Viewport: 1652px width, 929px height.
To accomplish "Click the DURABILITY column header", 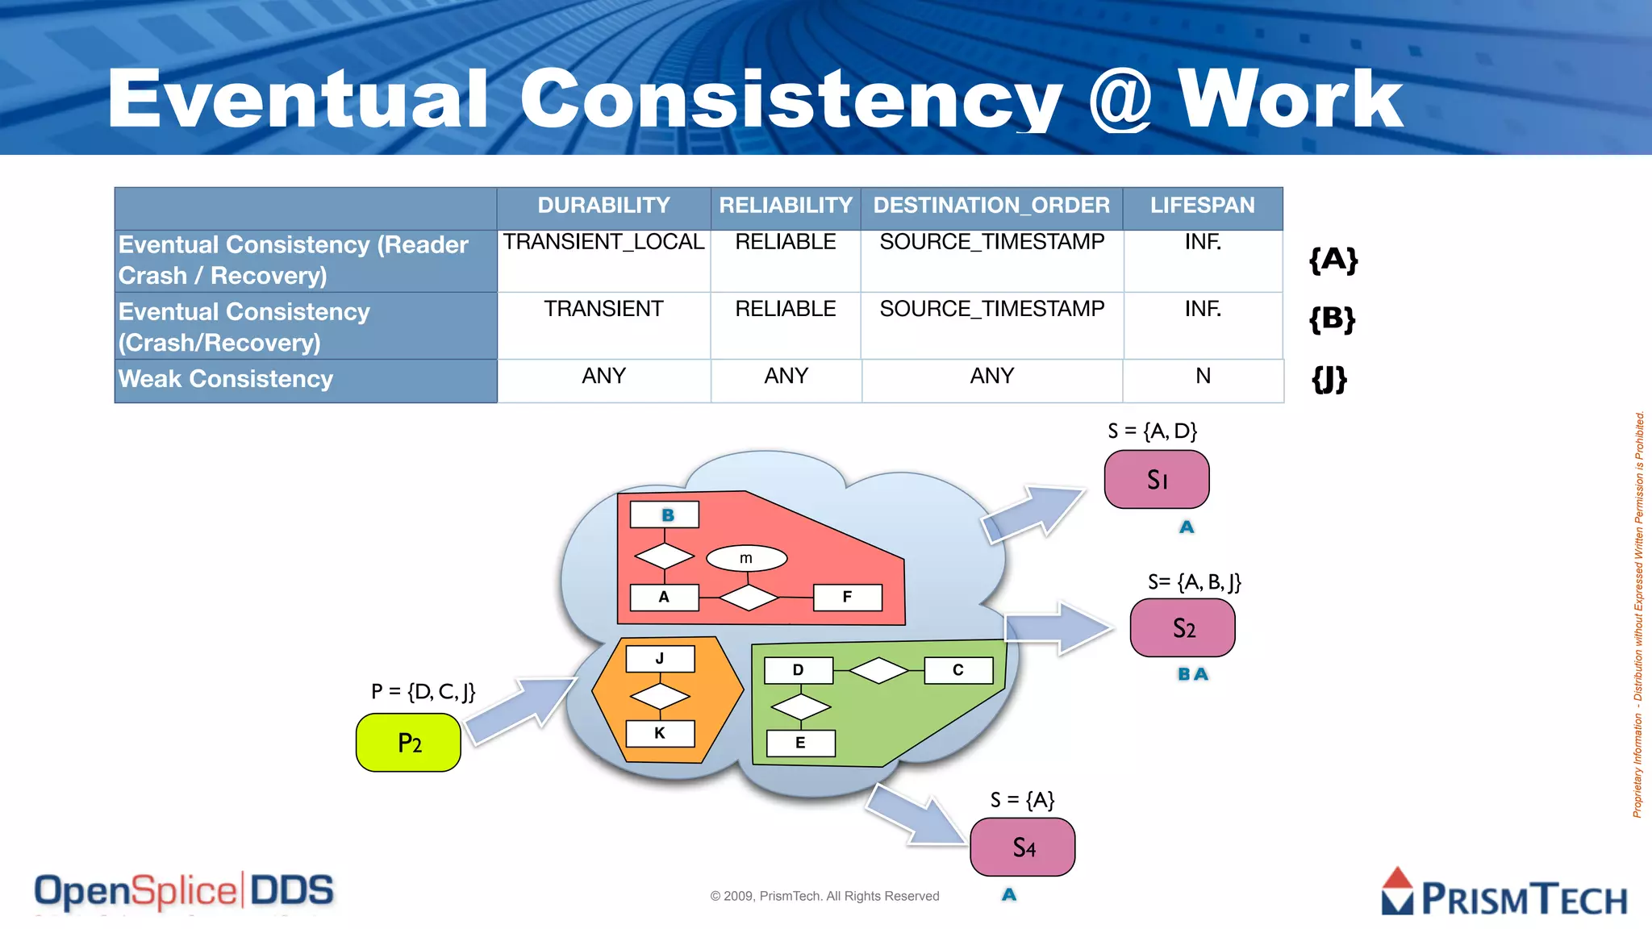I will [x=603, y=206].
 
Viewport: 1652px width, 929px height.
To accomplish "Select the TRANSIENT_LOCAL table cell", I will [x=603, y=242].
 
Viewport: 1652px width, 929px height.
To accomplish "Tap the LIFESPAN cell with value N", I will [x=1203, y=377].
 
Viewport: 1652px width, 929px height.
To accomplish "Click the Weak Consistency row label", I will [x=226, y=379].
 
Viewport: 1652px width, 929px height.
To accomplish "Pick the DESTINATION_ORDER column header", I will [x=991, y=206].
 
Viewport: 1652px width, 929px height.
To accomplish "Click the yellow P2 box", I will [x=409, y=743].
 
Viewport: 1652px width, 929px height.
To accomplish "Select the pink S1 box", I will [x=1157, y=480].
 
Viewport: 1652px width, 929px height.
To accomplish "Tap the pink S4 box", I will [x=1023, y=848].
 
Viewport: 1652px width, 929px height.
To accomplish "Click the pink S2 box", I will [x=1183, y=628].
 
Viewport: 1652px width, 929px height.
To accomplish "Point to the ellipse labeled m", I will [x=746, y=558].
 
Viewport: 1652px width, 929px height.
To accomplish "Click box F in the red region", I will [x=847, y=598].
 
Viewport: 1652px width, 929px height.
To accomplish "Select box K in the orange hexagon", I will [x=660, y=733].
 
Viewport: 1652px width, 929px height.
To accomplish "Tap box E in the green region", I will [x=800, y=743].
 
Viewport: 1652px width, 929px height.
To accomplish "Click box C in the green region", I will [x=957, y=670].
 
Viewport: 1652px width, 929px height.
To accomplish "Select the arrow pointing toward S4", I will [x=918, y=815].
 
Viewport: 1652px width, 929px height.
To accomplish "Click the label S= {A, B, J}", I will [x=1195, y=582].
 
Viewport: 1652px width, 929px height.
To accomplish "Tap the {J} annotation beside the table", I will [x=1329, y=378].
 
